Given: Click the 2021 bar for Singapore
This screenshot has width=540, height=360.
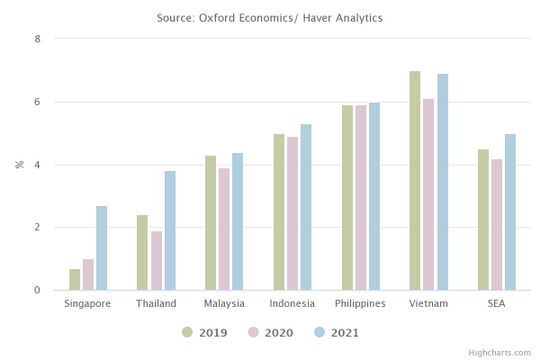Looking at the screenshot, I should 102,249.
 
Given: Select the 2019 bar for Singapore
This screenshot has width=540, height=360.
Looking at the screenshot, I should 75,280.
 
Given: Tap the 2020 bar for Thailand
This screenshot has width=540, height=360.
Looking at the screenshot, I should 156,261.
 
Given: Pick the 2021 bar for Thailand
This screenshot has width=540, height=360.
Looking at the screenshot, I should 170,231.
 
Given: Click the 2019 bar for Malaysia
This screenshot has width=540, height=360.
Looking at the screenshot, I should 210,223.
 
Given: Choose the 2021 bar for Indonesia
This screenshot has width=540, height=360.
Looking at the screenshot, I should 306,208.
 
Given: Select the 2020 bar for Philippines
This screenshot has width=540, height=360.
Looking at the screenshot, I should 360,198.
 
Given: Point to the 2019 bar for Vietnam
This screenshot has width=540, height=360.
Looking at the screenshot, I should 415,181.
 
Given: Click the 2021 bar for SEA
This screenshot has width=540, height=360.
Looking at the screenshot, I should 510,212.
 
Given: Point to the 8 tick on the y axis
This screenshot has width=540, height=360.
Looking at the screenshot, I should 37,39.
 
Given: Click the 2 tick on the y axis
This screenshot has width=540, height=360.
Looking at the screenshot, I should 37,228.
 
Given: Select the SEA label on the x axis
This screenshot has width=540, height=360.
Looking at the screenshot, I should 497,304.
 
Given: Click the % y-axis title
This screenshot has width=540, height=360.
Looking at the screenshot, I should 19,164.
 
